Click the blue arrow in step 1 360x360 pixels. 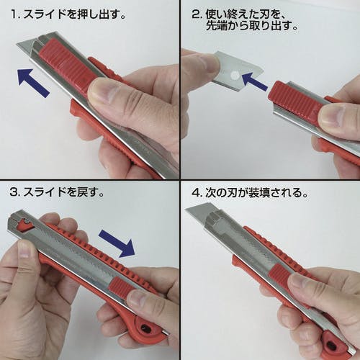pyautogui.click(x=33, y=82)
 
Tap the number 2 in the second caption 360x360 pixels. pyautogui.click(x=196, y=14)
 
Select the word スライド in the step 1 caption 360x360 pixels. pyautogui.click(x=50, y=14)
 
